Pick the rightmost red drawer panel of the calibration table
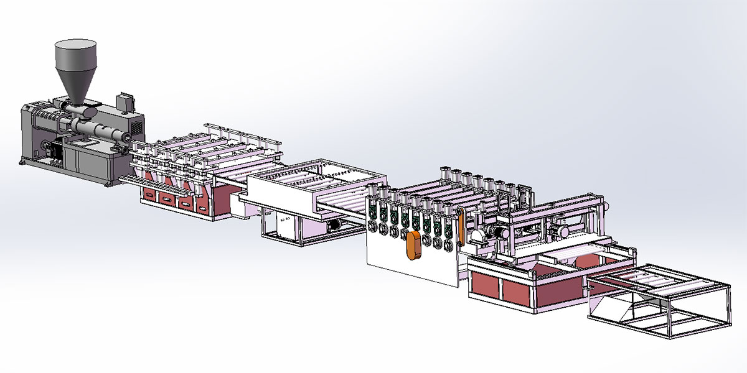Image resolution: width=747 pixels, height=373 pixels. [204, 204]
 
